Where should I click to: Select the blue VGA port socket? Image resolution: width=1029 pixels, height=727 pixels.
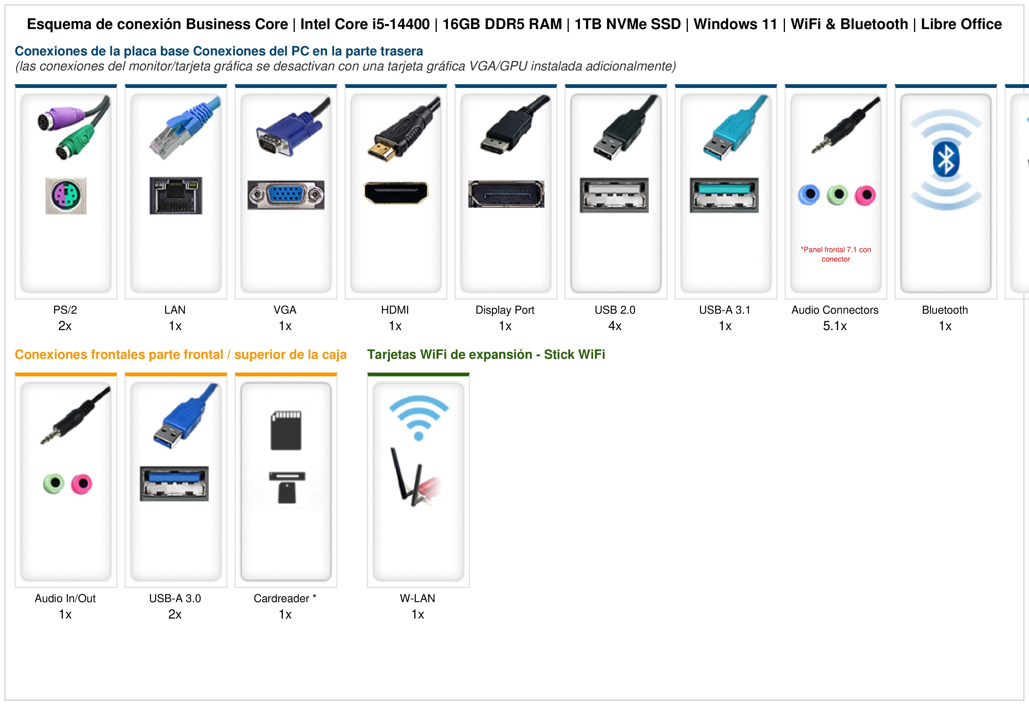click(286, 195)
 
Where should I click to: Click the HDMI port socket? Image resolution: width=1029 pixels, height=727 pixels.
click(396, 193)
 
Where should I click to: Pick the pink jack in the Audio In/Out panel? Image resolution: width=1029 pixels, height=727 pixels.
click(82, 483)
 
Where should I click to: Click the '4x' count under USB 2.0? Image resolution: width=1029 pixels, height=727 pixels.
click(615, 326)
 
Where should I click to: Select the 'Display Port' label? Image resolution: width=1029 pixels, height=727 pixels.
click(505, 310)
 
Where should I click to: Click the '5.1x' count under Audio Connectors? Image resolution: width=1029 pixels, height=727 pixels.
click(835, 326)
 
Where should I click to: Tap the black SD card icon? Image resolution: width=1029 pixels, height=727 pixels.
click(286, 430)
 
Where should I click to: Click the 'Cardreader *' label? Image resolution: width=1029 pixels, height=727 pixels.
click(285, 598)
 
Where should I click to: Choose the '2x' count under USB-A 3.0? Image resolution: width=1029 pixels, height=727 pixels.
click(175, 614)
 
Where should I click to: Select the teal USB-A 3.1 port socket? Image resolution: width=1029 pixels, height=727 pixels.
click(724, 195)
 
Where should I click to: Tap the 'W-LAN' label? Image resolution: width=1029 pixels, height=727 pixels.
click(418, 598)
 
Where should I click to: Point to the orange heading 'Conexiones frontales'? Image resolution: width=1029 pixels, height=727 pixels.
click(119, 355)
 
